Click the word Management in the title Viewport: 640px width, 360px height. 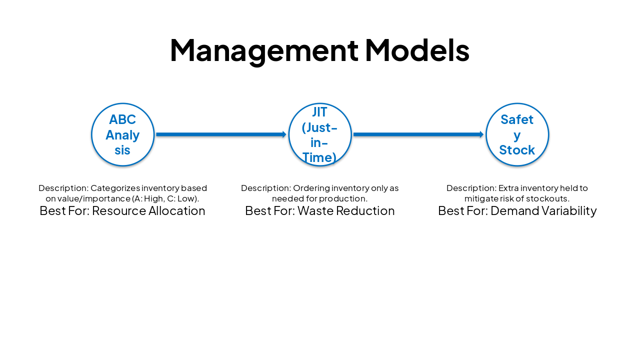point(264,50)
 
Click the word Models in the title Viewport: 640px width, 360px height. point(417,50)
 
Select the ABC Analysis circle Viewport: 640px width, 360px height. point(122,134)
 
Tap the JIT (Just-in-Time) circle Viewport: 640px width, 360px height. point(320,134)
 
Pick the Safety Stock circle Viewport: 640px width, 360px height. point(517,134)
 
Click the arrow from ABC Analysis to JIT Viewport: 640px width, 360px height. point(220,134)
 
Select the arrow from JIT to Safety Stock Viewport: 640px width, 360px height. point(417,134)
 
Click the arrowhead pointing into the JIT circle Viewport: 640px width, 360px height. point(284,134)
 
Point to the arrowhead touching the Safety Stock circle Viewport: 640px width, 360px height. point(481,134)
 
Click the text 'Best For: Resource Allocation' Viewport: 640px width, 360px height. point(122,211)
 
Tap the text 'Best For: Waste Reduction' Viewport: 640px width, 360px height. point(320,211)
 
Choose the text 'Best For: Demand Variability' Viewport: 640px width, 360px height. point(517,211)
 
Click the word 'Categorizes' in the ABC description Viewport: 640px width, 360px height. point(115,188)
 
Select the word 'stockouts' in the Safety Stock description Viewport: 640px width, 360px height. point(548,198)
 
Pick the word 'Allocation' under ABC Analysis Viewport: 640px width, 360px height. point(179,211)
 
